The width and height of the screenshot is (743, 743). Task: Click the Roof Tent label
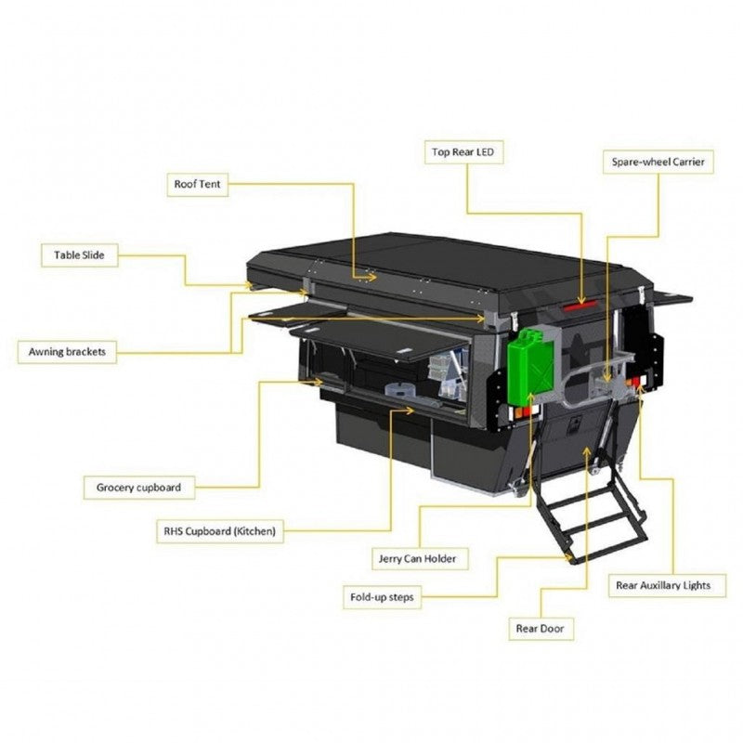[x=197, y=184]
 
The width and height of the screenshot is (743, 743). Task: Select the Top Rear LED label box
[x=463, y=152]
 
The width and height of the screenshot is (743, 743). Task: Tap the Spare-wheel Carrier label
[x=658, y=162]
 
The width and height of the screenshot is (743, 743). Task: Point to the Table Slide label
[x=79, y=254]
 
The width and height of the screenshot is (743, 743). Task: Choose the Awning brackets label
[x=67, y=352]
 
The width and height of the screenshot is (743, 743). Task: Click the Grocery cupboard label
[x=138, y=488]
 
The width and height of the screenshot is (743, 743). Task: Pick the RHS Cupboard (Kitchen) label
[x=220, y=531]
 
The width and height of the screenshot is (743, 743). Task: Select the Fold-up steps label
[x=382, y=597]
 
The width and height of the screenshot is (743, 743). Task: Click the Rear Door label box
[x=541, y=629]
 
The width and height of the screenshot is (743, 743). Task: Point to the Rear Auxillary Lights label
[x=667, y=585]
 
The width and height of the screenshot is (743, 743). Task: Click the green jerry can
[x=531, y=364]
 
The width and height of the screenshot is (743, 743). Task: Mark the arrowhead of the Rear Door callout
[x=587, y=450]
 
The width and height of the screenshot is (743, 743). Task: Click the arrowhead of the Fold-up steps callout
[x=568, y=558]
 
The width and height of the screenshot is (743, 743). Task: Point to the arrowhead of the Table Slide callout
[x=248, y=285]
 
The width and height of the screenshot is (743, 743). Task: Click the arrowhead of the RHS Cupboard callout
[x=410, y=410]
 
